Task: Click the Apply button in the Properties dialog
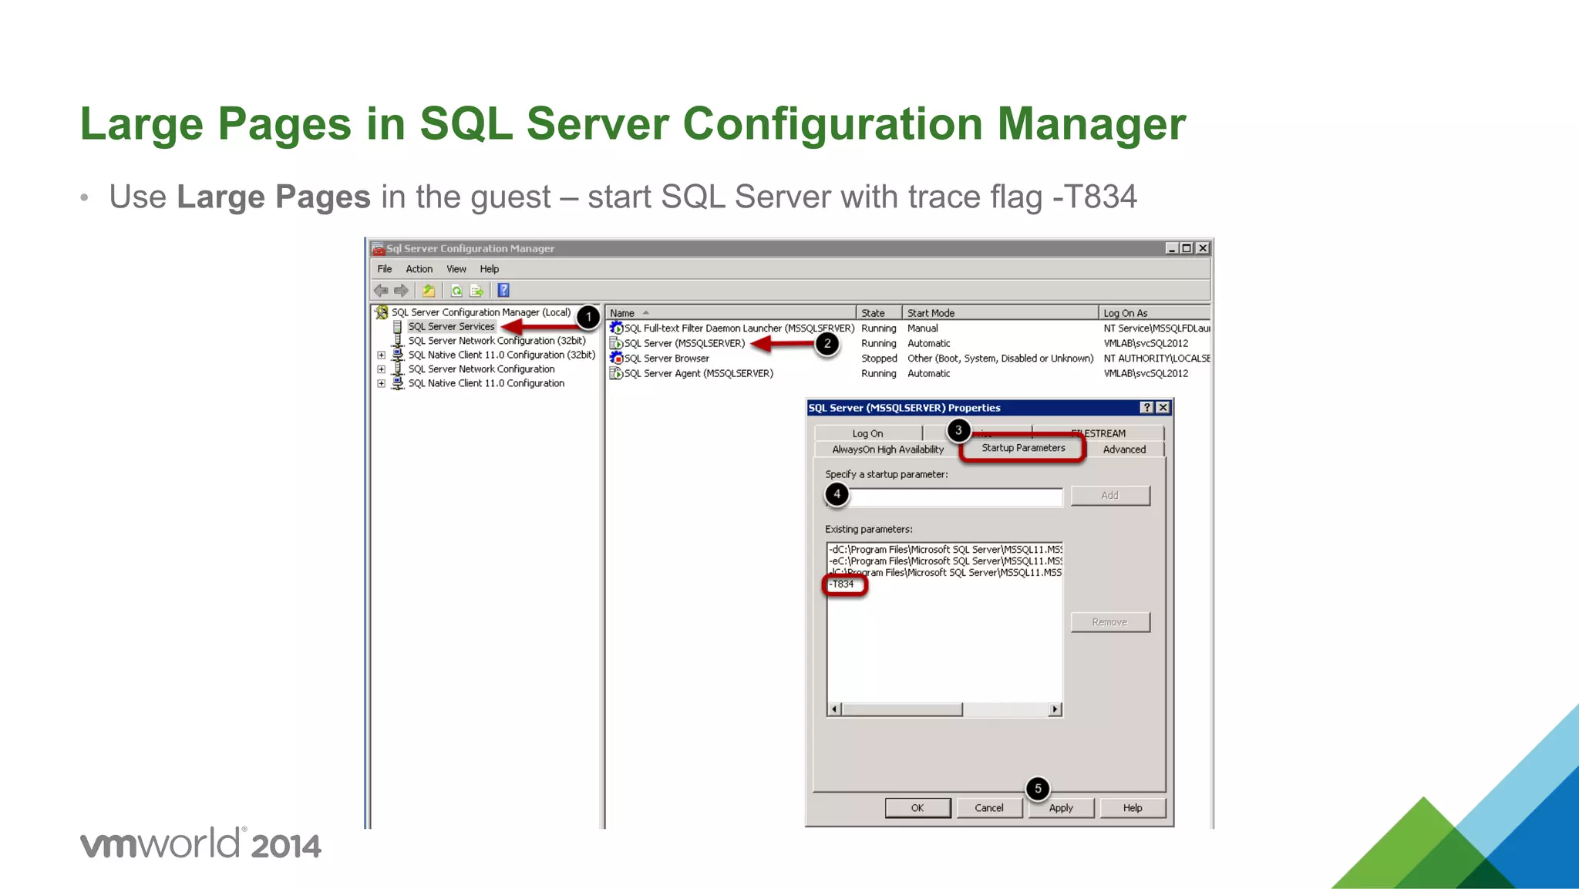pos(1061,808)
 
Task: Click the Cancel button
pos(988,808)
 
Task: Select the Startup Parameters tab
pos(1023,448)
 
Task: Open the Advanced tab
pos(1124,450)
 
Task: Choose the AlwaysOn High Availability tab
pos(887,450)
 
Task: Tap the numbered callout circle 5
pos(1038,788)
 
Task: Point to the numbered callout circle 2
pos(827,344)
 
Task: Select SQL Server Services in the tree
pos(451,327)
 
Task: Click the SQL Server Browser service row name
pos(666,359)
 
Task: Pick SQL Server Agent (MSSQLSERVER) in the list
pos(698,374)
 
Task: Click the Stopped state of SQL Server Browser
pos(879,359)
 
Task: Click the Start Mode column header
pos(931,313)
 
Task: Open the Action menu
pos(419,269)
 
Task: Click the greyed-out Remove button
pos(1109,622)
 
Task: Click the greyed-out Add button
pos(1109,496)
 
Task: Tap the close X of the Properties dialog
pos(1163,408)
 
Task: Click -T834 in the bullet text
pos(1095,197)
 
